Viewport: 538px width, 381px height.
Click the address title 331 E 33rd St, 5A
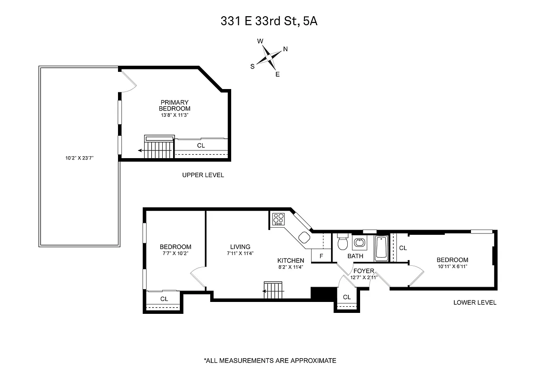coord(269,21)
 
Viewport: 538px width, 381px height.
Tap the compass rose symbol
coord(270,58)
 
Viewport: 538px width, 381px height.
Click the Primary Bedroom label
coord(175,105)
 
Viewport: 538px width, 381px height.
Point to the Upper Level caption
coord(203,175)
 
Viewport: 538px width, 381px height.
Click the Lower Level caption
coord(474,302)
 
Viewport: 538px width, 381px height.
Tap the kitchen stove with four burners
coord(278,219)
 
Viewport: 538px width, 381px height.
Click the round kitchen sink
coord(303,237)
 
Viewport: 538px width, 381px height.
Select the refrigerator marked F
coord(321,256)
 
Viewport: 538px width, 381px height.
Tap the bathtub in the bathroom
coord(381,248)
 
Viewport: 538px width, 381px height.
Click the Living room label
coord(240,247)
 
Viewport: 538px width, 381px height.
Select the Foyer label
coord(363,271)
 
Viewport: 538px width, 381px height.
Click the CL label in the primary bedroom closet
coord(201,146)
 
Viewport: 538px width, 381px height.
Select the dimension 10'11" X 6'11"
coord(452,266)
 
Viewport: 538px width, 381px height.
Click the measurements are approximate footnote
coord(270,361)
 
